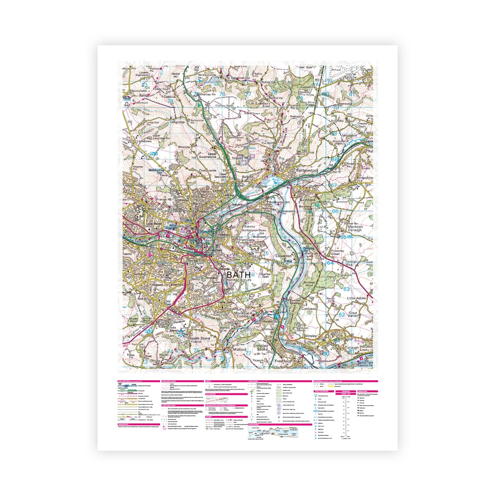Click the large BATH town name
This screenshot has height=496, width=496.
click(x=239, y=275)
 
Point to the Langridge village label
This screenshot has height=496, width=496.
click(x=177, y=122)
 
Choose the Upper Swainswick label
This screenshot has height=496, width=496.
click(x=206, y=156)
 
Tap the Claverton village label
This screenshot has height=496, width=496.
click(x=283, y=256)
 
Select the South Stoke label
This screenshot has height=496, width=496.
click(x=200, y=338)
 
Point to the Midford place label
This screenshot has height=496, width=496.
click(x=239, y=349)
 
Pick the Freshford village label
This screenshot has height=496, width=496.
click(x=282, y=361)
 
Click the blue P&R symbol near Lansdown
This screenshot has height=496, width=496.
click(x=153, y=154)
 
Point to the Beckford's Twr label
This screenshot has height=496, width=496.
click(x=158, y=171)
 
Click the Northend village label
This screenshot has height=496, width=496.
click(x=284, y=148)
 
